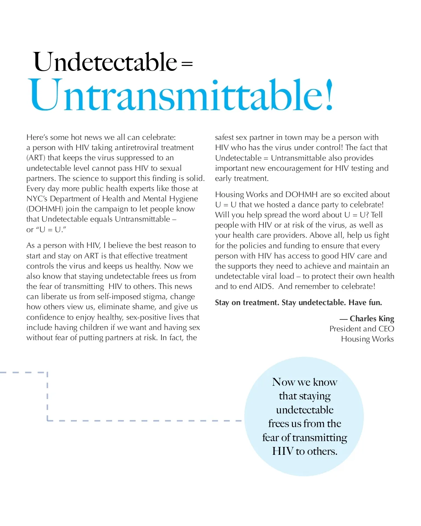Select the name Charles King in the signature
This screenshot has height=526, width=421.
pyautogui.click(x=372, y=318)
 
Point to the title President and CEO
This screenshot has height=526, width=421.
pyautogui.click(x=361, y=329)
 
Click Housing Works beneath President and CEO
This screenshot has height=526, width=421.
pyautogui.click(x=367, y=339)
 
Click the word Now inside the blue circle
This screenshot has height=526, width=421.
pyautogui.click(x=283, y=382)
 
